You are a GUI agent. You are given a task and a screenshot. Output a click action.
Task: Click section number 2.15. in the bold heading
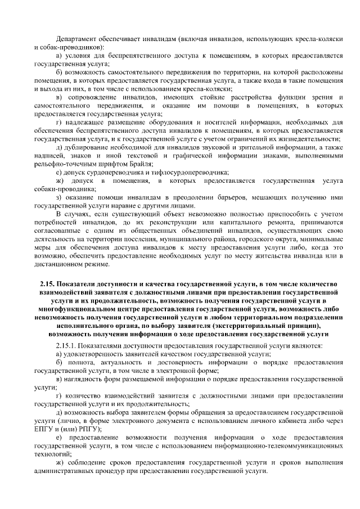tap(49, 285)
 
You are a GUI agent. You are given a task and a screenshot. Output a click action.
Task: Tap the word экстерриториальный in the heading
tap(246, 325)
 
